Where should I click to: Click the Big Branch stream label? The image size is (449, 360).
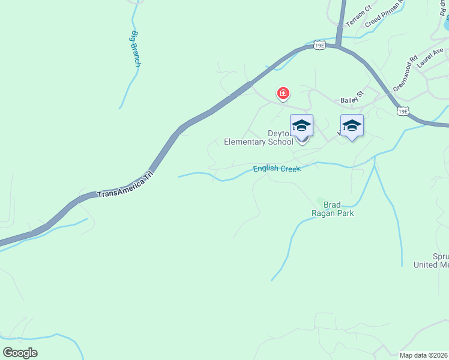click(x=135, y=48)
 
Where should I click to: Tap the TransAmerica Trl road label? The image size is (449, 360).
click(x=125, y=185)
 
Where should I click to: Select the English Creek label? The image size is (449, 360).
click(x=276, y=169)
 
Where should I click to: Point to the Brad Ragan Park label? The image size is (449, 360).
click(x=332, y=208)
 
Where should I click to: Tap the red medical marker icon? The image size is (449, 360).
click(x=283, y=94)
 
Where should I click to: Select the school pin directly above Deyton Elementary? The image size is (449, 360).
click(x=301, y=125)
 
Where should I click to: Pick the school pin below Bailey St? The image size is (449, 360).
click(x=352, y=125)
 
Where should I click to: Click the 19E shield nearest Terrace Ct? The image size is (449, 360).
click(x=319, y=45)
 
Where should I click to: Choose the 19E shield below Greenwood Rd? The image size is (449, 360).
click(x=403, y=111)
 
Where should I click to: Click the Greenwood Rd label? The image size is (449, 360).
click(x=405, y=74)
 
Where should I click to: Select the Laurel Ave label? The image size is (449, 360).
click(x=430, y=58)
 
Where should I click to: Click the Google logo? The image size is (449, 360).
click(x=20, y=353)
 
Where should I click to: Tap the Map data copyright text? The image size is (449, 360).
click(x=424, y=355)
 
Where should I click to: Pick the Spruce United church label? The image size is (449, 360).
click(x=432, y=260)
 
